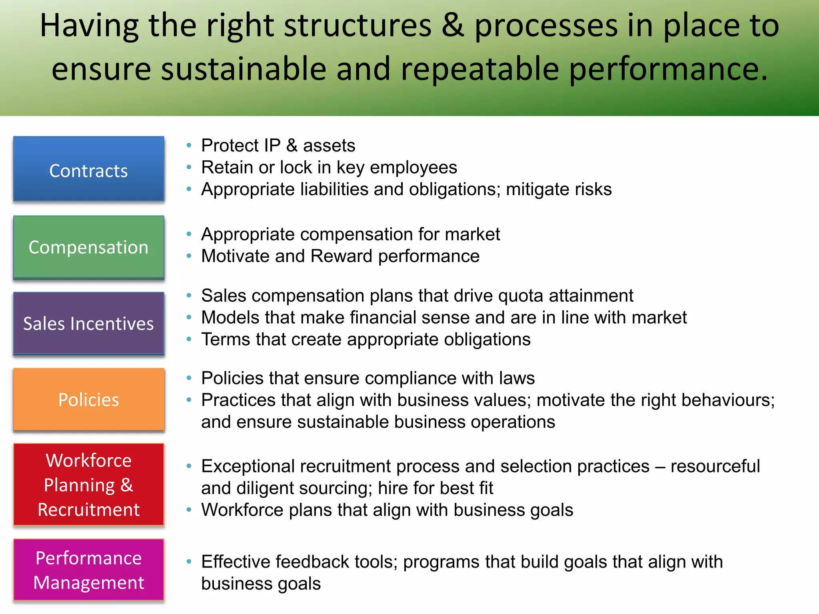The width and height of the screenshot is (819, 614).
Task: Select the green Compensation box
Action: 88,247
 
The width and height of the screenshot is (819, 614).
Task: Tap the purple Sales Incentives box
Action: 88,323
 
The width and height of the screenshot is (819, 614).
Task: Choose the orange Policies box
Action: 88,399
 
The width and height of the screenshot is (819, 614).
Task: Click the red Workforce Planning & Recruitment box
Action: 88,484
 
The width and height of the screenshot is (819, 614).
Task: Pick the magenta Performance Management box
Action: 88,570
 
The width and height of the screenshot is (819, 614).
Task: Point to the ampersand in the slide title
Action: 453,26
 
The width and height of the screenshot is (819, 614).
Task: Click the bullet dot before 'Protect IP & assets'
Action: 189,146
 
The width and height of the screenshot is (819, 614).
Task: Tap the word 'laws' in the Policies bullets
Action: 516,378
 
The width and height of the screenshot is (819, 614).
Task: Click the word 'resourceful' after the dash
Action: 715,466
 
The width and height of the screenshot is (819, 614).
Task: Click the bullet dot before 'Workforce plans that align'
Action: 189,510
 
